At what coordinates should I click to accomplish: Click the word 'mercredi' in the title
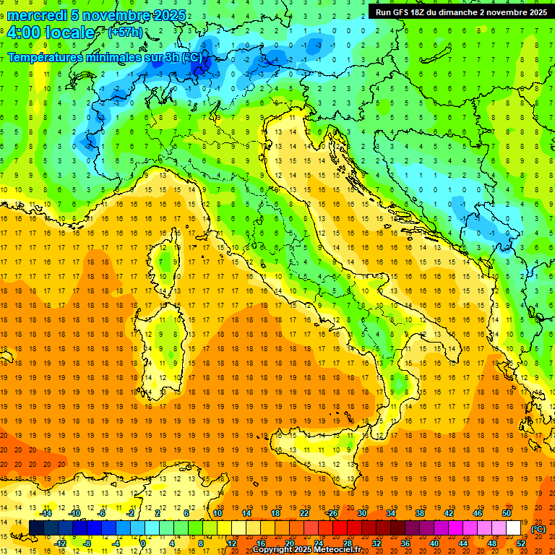coord(38,15)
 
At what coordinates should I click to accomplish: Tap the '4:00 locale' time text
coord(51,33)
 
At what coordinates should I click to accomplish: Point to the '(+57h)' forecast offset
coord(125,33)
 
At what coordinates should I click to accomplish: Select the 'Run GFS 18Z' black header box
coord(461,12)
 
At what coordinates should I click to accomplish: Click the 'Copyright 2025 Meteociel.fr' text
coord(306,549)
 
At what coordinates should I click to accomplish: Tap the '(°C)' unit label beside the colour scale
coord(538,529)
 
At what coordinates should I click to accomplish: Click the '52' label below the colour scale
coord(521,543)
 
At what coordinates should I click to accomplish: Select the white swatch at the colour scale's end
coord(513,528)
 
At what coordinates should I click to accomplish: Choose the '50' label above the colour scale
coord(506,513)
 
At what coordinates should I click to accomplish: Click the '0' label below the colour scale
coord(143,543)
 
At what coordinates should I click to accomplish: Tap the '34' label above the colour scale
coord(390,513)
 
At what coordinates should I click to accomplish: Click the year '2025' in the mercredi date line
coord(168,15)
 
